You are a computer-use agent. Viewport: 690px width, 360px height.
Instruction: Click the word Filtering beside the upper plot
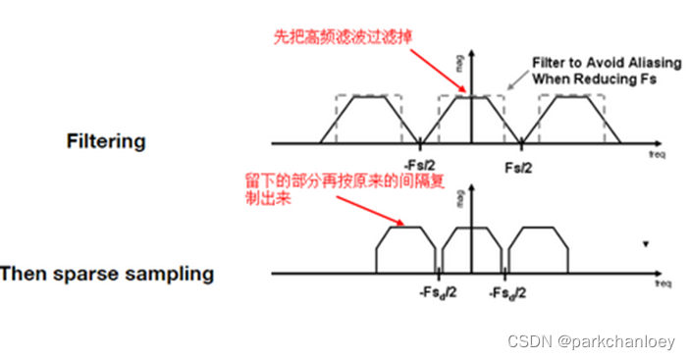pyautogui.click(x=106, y=140)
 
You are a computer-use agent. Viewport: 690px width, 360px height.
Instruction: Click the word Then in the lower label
pyautogui.click(x=23, y=274)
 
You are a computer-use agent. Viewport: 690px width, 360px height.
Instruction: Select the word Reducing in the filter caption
pyautogui.click(x=611, y=77)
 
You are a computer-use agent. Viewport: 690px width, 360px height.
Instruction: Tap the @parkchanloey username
pyautogui.click(x=612, y=341)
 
